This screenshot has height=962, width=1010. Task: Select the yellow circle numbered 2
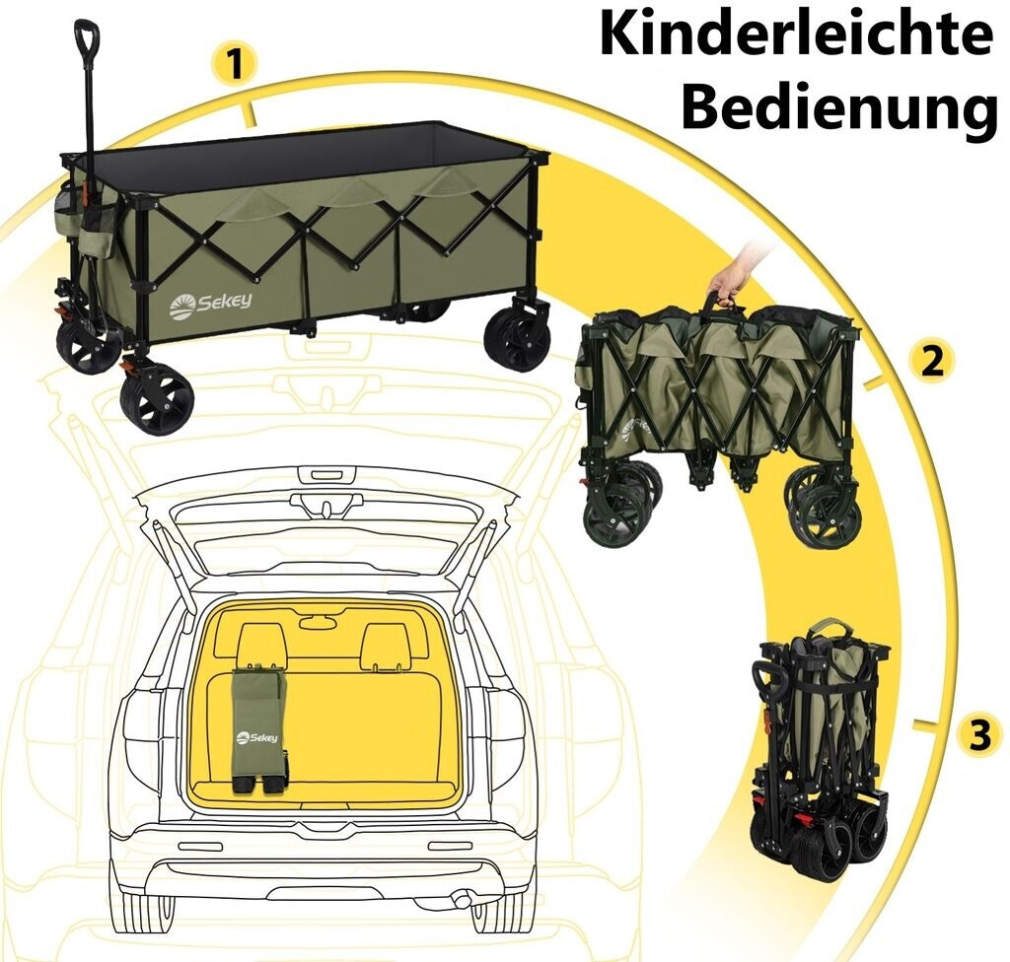pos(932,361)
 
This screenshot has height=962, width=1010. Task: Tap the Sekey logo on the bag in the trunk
pos(256,737)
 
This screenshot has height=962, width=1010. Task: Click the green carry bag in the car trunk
pos(259,727)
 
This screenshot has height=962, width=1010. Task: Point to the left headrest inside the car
pos(262,646)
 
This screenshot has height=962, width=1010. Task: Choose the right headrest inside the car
pos(385,646)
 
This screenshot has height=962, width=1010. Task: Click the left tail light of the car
pos(143,727)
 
